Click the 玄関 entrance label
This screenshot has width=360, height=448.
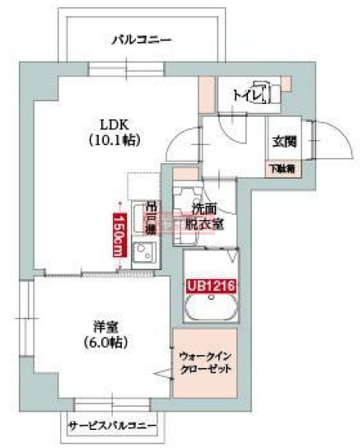click(x=285, y=142)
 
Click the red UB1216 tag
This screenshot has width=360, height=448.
click(x=208, y=287)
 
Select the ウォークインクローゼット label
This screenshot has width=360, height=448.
click(x=205, y=362)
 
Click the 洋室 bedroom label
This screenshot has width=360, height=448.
click(x=108, y=325)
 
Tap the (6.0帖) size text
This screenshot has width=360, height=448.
click(x=108, y=341)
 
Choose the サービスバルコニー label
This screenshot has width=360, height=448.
click(x=111, y=427)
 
